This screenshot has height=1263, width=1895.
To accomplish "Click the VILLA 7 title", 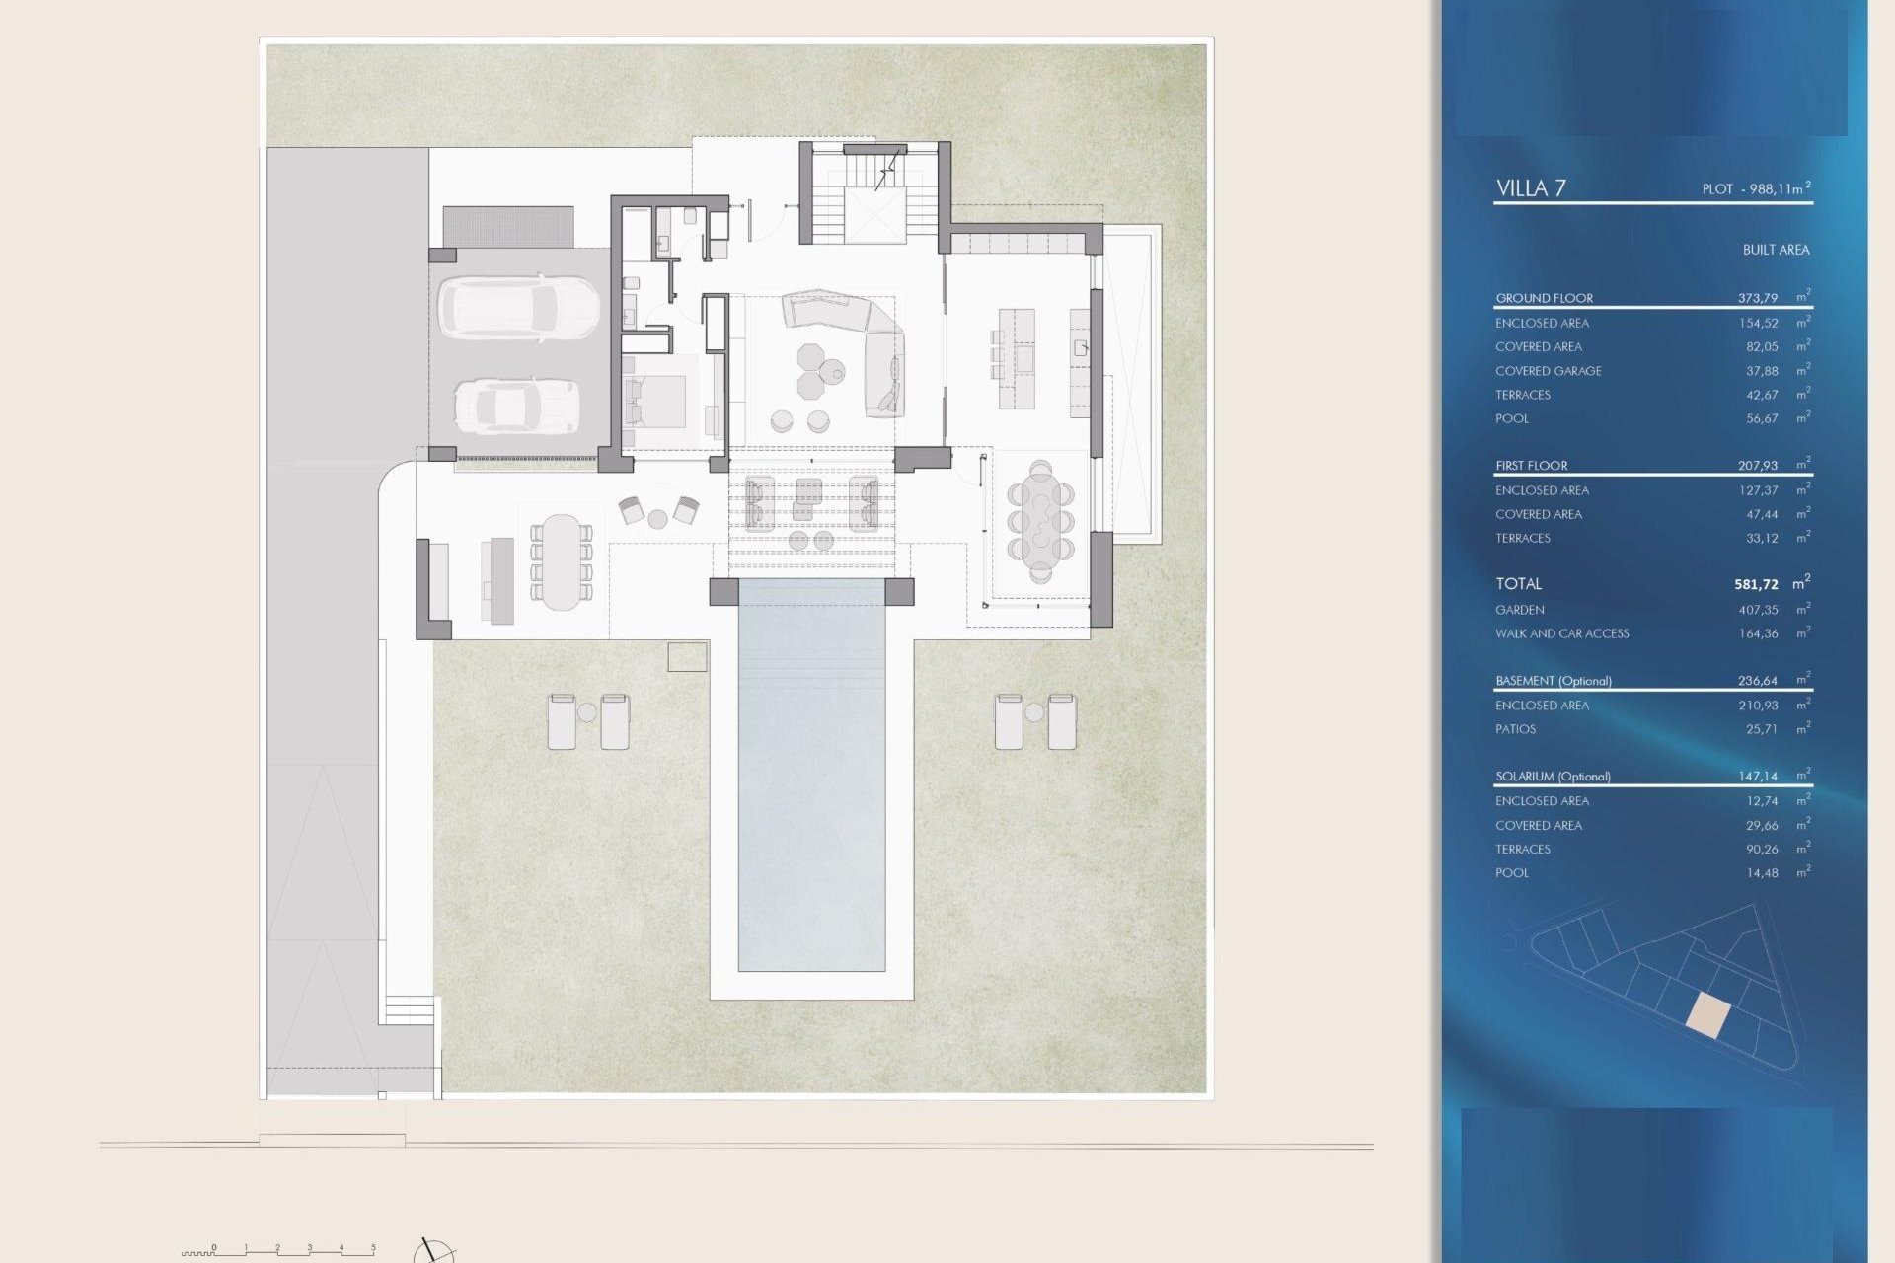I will (x=1531, y=187).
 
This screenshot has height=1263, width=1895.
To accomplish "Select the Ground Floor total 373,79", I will (x=1757, y=298).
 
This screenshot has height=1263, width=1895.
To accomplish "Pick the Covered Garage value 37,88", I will (x=1761, y=371).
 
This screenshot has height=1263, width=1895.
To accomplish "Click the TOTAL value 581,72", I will (x=1756, y=584).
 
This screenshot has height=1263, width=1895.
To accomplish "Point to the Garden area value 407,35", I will (x=1758, y=610).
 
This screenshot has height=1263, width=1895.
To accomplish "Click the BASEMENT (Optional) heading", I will (x=1553, y=681).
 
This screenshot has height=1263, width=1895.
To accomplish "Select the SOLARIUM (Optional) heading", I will (x=1553, y=777).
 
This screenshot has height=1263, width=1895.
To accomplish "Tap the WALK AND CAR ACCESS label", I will (x=1561, y=633).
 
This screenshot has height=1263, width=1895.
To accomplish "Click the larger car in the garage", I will (x=518, y=307).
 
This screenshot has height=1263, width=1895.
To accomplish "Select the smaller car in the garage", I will (x=517, y=406).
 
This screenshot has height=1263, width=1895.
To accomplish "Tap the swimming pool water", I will (x=811, y=789).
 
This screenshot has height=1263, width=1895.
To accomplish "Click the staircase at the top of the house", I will (x=874, y=193).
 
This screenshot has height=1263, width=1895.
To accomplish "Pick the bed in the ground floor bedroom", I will (x=654, y=401).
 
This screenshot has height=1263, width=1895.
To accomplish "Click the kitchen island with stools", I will (x=1017, y=358).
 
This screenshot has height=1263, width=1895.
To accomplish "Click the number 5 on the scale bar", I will (x=373, y=1247).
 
